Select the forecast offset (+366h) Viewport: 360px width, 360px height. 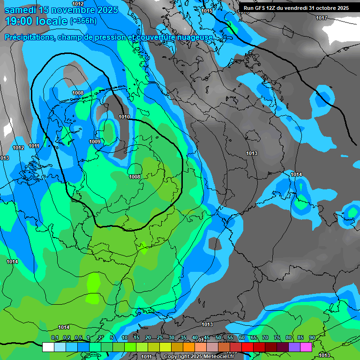point(83,21)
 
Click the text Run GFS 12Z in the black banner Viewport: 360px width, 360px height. point(260,8)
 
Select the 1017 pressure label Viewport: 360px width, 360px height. point(321,18)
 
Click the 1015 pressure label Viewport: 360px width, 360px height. point(206,11)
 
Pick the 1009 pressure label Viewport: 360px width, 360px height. point(95,142)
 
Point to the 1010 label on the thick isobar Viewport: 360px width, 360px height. point(124,117)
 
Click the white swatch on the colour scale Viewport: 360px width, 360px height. point(48,347)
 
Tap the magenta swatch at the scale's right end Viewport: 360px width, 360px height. point(306,347)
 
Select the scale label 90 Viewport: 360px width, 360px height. point(312,337)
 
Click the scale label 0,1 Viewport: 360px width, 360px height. point(54,337)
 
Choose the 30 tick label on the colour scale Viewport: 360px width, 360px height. point(171,337)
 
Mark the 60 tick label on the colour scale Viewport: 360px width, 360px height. point(241,337)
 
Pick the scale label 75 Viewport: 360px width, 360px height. point(277,337)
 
